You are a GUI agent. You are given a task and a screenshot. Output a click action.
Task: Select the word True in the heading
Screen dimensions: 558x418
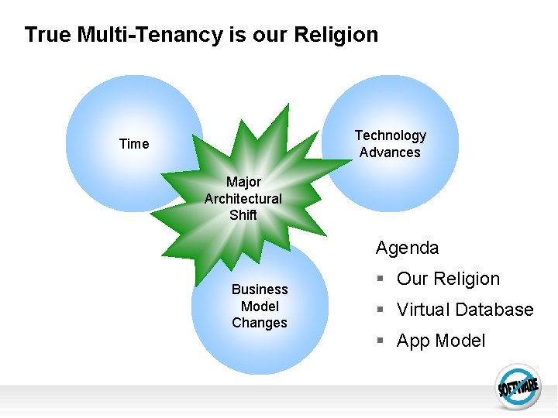pos(48,35)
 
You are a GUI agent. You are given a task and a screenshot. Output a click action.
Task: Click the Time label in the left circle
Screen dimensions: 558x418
pos(134,144)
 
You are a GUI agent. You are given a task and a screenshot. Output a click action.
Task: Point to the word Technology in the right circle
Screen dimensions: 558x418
pos(391,135)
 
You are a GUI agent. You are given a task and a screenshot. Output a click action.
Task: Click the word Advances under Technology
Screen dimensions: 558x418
pos(390,152)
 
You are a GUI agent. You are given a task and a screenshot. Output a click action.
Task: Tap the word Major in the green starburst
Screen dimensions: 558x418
pos(243,182)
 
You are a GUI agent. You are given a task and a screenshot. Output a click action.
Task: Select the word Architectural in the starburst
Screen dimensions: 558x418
pos(243,199)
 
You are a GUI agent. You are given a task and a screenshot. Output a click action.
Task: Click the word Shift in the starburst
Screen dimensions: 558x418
pos(243,215)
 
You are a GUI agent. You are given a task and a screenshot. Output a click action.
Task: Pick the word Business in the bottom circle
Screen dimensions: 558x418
pos(260,290)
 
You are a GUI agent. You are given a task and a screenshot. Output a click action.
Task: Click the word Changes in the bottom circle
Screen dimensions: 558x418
pos(260,323)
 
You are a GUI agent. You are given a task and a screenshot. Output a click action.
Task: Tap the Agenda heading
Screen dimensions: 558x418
pos(407,248)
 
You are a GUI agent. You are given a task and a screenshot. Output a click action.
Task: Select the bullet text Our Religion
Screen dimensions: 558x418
pos(448,279)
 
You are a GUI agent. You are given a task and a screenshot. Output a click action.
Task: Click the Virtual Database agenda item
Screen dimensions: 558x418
pos(465,310)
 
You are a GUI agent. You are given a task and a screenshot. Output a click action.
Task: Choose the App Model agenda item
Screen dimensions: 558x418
pos(441,341)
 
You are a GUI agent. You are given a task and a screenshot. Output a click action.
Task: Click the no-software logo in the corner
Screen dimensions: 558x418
pos(518,385)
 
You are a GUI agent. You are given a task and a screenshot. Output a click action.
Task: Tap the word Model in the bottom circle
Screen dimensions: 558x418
pos(260,307)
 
